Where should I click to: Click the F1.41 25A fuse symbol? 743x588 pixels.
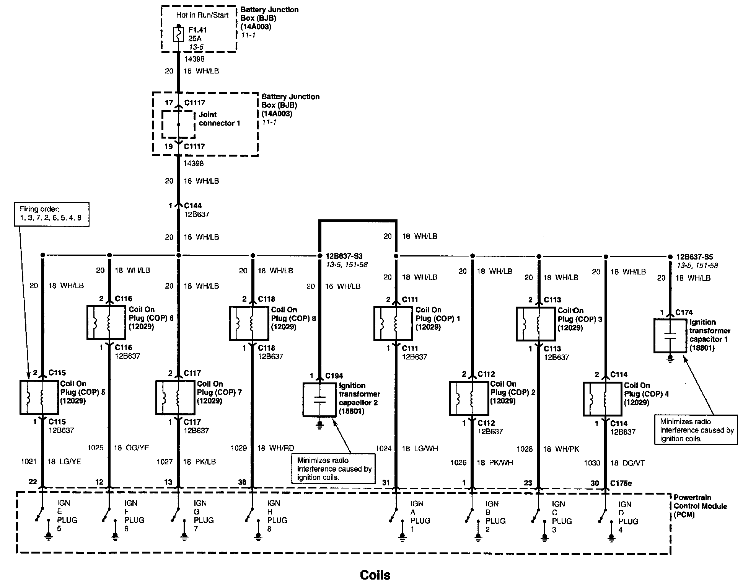178,34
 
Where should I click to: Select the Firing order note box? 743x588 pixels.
52,214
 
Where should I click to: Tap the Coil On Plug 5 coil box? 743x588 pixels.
39,397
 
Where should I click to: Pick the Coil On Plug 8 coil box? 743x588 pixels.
249,323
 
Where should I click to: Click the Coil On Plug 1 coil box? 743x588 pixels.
393,323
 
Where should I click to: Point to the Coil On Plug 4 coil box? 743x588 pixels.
602,399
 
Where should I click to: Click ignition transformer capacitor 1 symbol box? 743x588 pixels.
670,336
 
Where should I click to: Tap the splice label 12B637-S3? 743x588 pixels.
344,256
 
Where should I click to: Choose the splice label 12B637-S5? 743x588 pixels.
694,257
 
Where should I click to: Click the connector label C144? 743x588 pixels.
193,206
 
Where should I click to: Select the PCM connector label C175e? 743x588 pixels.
621,483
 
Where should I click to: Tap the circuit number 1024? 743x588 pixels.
383,448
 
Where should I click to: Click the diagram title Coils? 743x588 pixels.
375,575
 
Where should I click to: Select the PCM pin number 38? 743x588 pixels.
242,482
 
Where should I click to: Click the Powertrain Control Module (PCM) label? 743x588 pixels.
700,506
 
